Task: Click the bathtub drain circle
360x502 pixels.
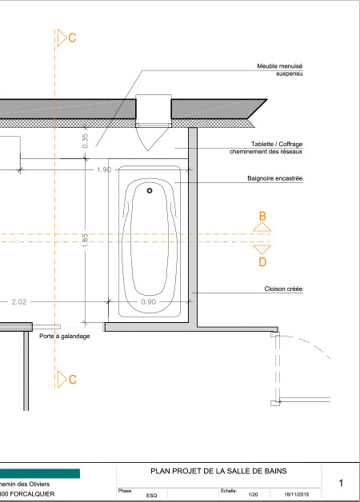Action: pyautogui.click(x=150, y=190)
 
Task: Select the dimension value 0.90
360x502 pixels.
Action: pyautogui.click(x=148, y=302)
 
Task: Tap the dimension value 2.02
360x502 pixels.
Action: pyautogui.click(x=19, y=302)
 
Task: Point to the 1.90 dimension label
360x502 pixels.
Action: pyautogui.click(x=104, y=169)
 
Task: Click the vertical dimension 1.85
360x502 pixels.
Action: pyautogui.click(x=85, y=240)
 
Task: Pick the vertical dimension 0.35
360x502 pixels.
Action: pyautogui.click(x=85, y=141)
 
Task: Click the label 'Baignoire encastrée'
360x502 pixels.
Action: pyautogui.click(x=275, y=178)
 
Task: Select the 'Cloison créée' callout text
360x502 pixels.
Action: pyautogui.click(x=283, y=289)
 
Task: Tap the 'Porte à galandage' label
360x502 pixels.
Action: pyautogui.click(x=64, y=337)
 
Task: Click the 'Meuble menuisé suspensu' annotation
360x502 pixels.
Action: pyautogui.click(x=280, y=70)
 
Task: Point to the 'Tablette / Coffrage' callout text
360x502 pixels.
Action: pyautogui.click(x=277, y=144)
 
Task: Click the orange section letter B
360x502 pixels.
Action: pyautogui.click(x=262, y=217)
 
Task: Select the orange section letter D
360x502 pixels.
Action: pyautogui.click(x=262, y=262)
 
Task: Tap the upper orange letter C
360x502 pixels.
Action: pyautogui.click(x=72, y=38)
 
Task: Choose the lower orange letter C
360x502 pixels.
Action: pyautogui.click(x=72, y=380)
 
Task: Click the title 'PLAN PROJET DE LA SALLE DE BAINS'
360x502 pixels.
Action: pyautogui.click(x=218, y=471)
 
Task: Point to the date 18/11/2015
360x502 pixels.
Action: pyautogui.click(x=297, y=495)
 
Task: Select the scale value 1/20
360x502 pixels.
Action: pyautogui.click(x=253, y=495)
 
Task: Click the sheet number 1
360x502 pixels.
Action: pyautogui.click(x=341, y=483)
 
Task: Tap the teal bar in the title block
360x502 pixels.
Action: pyautogui.click(x=40, y=473)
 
